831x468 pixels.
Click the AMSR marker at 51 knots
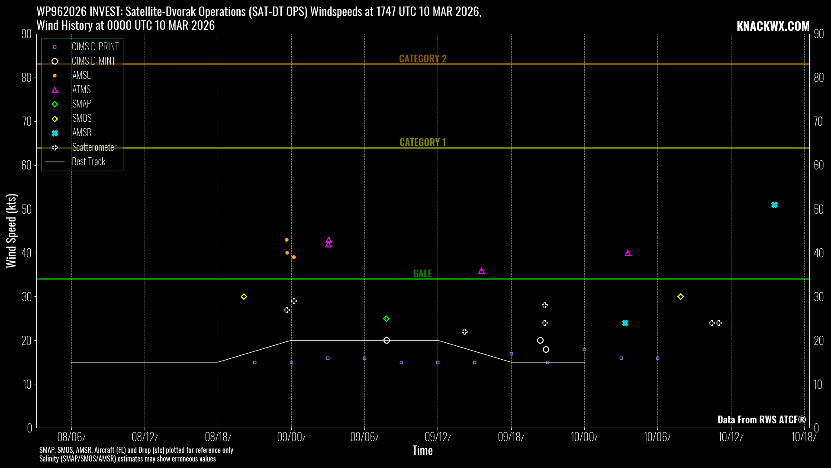coord(774,205)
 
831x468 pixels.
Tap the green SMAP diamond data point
coord(387,319)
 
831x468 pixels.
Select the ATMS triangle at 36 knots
coord(481,271)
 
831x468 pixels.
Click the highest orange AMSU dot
coord(287,240)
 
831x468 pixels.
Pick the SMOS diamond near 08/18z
coord(244,297)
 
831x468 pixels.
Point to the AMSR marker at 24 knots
coord(625,323)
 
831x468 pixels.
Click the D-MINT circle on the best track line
coord(387,341)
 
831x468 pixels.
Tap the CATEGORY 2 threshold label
coord(422,58)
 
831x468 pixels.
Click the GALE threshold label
coord(422,273)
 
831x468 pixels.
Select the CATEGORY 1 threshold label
coord(422,142)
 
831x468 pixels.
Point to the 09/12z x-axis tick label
coord(438,437)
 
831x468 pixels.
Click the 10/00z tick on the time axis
coord(584,437)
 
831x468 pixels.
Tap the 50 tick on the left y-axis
coord(26,209)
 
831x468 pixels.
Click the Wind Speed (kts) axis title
coord(11,231)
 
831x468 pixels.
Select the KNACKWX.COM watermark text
coord(773,26)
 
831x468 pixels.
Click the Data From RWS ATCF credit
coord(761,419)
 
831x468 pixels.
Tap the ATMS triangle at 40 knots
coord(628,253)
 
